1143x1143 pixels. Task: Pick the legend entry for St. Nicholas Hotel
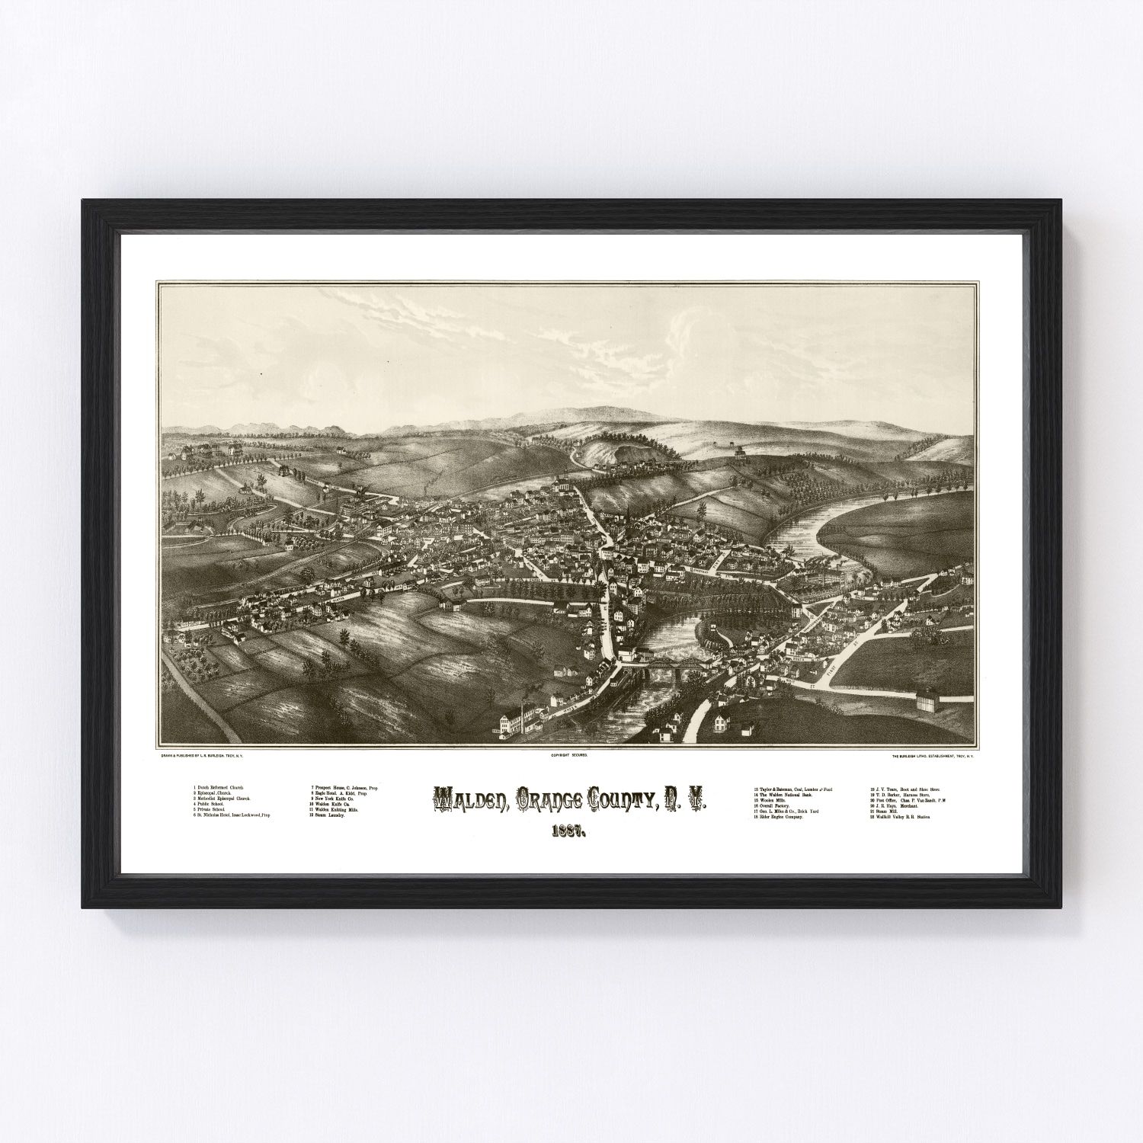pyautogui.click(x=232, y=815)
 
